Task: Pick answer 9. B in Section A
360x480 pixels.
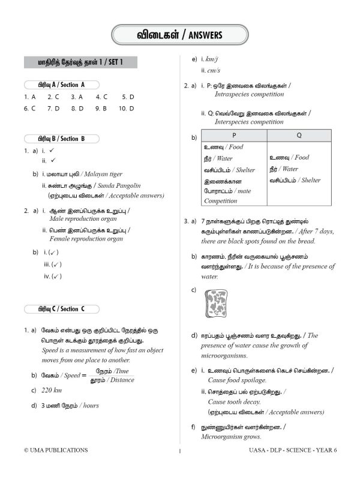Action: (x=100, y=109)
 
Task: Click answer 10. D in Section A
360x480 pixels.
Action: (x=127, y=109)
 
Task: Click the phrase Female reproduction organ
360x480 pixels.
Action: (x=86, y=239)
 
